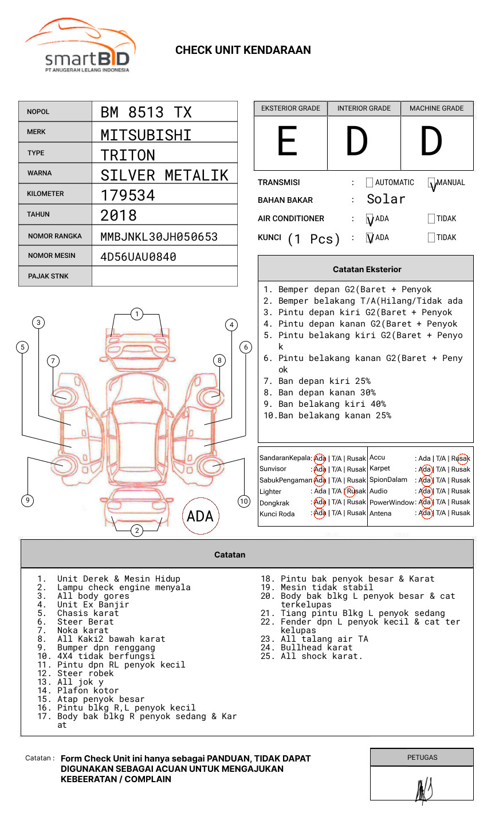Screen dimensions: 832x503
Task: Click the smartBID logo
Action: [x=80, y=46]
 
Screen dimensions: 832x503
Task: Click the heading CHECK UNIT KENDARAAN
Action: [x=243, y=50]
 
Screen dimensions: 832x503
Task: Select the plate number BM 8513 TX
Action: [x=146, y=112]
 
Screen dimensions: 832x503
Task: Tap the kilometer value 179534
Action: [x=128, y=195]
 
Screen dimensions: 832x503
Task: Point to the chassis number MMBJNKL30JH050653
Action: [x=159, y=237]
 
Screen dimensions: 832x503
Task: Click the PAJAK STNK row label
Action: [x=48, y=276]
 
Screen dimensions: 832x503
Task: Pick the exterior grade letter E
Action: [x=287, y=142]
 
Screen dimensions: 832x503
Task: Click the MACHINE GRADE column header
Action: [x=437, y=108]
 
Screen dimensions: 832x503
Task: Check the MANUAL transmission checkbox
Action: [x=432, y=183]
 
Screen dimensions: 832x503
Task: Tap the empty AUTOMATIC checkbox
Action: [x=370, y=183]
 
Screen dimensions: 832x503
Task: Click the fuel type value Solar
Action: [x=386, y=199]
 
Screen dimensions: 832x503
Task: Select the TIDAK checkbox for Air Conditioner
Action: [x=431, y=219]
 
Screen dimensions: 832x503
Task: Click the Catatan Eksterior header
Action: [x=367, y=269]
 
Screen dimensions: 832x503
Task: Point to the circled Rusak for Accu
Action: [x=462, y=458]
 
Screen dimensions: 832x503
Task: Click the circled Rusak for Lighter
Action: [x=355, y=491]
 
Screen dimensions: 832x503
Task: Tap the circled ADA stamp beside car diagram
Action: [x=200, y=516]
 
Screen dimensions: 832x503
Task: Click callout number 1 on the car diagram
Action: [x=136, y=314]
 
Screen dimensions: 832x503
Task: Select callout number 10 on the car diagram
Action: [x=244, y=501]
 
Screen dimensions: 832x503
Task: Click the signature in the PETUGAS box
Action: [x=423, y=790]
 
